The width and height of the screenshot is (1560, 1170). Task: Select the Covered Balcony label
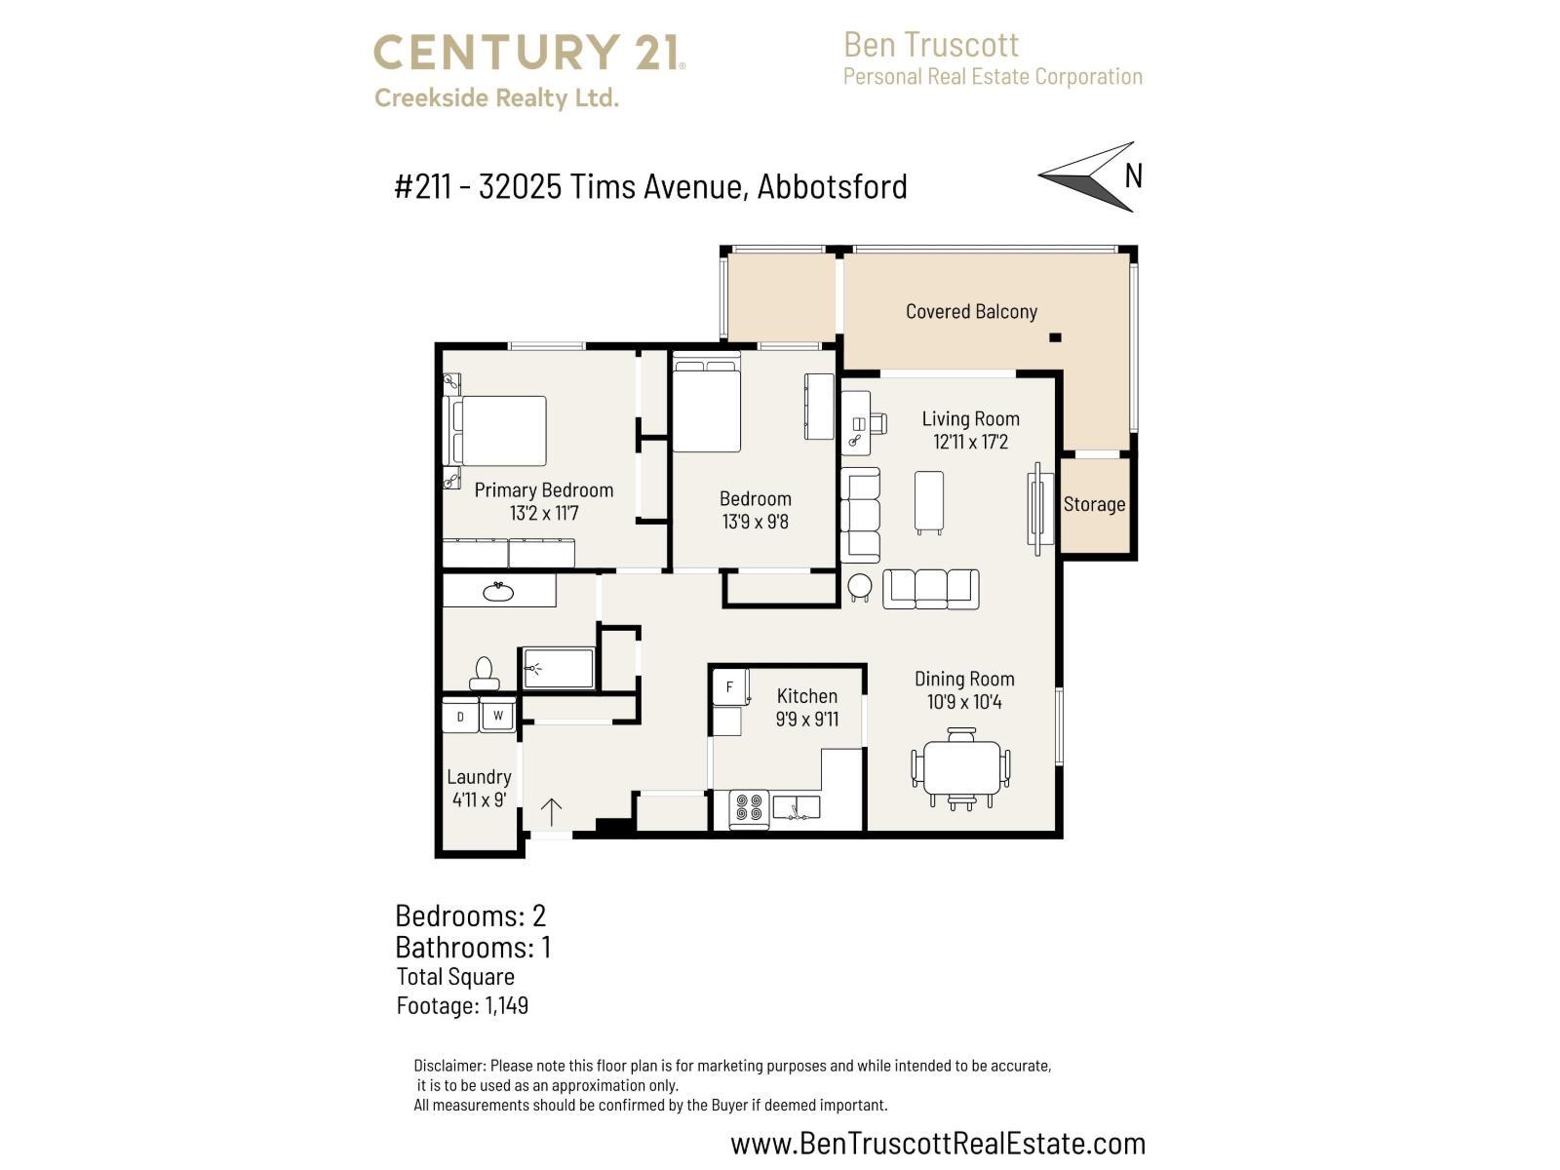point(971,312)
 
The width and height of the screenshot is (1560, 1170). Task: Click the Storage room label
point(1094,504)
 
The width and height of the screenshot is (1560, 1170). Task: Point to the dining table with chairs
point(961,769)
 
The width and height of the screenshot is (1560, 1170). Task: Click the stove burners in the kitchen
point(749,807)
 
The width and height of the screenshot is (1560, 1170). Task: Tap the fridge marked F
point(729,686)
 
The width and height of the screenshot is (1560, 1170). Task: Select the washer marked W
point(497,716)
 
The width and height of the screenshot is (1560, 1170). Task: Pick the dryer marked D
point(460,718)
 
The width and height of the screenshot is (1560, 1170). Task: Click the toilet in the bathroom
point(484,674)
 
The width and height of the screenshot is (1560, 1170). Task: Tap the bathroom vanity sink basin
point(499,591)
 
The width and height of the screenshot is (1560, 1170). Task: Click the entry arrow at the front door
point(552,812)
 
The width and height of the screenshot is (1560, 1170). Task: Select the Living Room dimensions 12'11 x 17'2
point(970,442)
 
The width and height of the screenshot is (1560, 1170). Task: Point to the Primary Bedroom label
point(544,490)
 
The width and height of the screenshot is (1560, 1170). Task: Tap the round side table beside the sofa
point(860,586)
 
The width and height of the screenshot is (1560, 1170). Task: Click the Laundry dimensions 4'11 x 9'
point(479,799)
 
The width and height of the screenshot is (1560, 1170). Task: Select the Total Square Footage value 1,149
point(506,1005)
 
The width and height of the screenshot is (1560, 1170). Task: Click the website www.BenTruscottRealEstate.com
point(938,1143)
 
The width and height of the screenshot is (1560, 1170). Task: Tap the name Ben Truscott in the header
point(931,45)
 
